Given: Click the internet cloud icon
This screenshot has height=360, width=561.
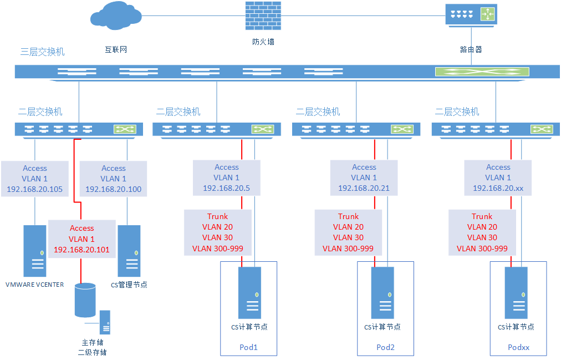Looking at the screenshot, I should (115, 16).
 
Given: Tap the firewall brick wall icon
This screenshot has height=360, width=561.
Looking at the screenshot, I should (263, 16).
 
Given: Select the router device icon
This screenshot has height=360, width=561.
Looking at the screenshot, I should (471, 14).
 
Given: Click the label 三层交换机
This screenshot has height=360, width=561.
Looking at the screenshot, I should (42, 52).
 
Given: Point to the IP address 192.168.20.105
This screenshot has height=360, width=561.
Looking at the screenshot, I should (34, 189).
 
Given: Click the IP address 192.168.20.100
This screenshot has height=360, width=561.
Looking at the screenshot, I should (113, 189).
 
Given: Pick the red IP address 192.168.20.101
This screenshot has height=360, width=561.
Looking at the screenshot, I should (81, 249).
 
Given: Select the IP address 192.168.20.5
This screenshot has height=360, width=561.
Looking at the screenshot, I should (226, 188).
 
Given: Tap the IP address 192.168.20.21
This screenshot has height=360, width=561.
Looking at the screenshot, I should (364, 188).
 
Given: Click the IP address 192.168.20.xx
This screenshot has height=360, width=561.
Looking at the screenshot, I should (498, 188).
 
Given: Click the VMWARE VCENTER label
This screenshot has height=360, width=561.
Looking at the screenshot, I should (34, 285).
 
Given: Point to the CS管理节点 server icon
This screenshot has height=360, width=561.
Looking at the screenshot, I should (129, 250).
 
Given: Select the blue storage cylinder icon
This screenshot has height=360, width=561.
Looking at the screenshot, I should (85, 300).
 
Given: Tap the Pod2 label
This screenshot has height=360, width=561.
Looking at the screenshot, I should (385, 347).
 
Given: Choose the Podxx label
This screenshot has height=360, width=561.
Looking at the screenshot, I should (519, 347).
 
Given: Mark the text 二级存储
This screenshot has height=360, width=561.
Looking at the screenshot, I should (92, 352).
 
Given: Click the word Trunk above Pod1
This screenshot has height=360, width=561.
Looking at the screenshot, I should (217, 216).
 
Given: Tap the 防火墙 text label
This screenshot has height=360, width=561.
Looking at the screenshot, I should (263, 42).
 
